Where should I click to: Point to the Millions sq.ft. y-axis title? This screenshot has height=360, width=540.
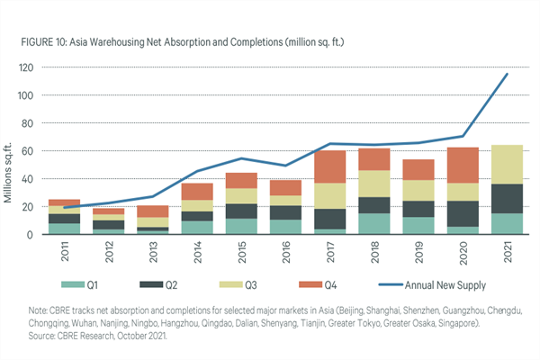(12, 151)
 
